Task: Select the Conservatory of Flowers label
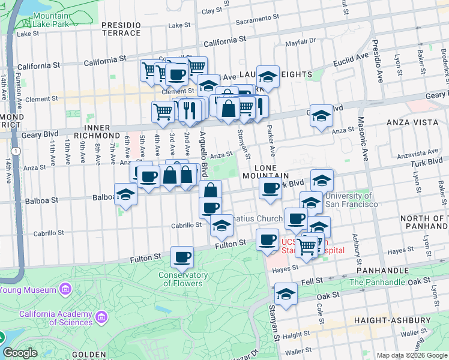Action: pos(183,280)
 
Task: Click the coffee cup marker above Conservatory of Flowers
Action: pos(182,257)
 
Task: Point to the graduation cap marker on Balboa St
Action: pos(126,195)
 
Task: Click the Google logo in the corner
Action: pos(20,353)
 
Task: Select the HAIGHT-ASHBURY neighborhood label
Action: pos(391,320)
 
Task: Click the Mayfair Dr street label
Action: pos(300,42)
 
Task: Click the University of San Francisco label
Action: pos(351,200)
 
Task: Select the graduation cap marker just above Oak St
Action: pos(286,294)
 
